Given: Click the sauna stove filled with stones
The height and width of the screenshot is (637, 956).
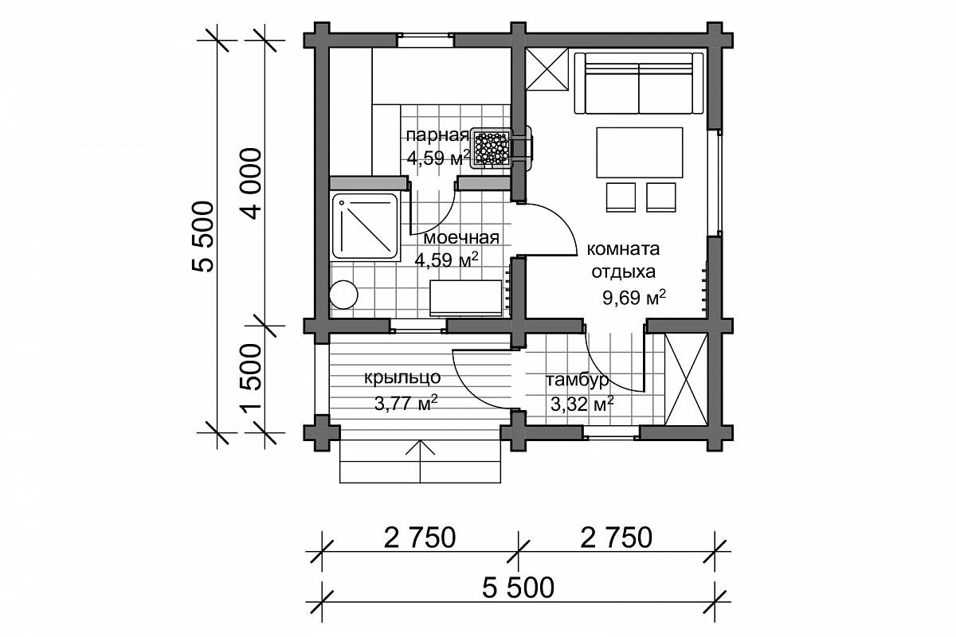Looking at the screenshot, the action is point(492,148).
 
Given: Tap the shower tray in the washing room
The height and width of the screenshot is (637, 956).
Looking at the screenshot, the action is point(366,226).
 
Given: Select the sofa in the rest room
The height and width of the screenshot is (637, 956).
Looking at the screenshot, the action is point(638,83).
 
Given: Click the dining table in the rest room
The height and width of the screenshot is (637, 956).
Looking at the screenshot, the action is point(639,152).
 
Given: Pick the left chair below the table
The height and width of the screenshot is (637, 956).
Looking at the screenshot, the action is point(621,197).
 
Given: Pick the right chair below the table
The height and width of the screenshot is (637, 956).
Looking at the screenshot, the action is point(661,197).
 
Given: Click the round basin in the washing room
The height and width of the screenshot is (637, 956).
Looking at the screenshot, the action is point(343,295).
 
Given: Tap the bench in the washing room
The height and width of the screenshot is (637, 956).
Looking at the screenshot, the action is point(465,297).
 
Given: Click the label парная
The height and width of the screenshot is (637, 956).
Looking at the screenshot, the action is point(437,135).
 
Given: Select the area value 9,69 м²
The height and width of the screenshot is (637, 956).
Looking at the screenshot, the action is point(634,297).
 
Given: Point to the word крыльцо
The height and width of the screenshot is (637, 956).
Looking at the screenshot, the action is point(402,378).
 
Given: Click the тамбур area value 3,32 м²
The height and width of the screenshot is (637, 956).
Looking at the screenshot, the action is point(582,404).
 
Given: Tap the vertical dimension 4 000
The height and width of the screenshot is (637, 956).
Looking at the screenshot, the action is point(252,183).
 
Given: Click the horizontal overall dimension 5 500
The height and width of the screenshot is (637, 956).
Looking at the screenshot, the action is point(518,588).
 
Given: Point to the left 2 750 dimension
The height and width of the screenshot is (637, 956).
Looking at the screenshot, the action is point(420,538).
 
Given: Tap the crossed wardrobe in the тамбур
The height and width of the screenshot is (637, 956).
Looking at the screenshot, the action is point(686,379).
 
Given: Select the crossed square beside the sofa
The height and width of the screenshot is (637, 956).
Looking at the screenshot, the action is point(547,69).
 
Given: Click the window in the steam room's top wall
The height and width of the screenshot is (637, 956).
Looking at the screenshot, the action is point(425,41).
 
